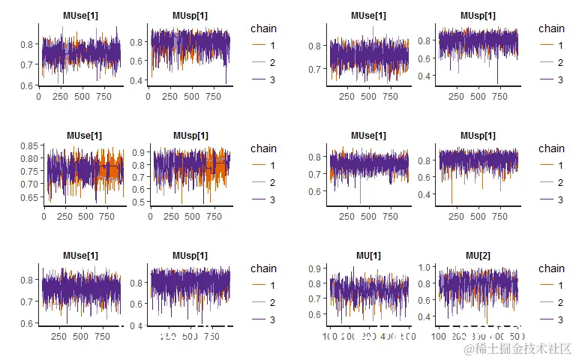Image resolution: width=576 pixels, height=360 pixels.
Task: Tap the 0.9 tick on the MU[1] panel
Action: tap(319, 268)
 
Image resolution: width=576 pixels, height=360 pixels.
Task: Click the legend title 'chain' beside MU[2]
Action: tap(551, 268)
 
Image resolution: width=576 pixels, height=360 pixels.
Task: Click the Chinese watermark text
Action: tap(517, 349)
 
